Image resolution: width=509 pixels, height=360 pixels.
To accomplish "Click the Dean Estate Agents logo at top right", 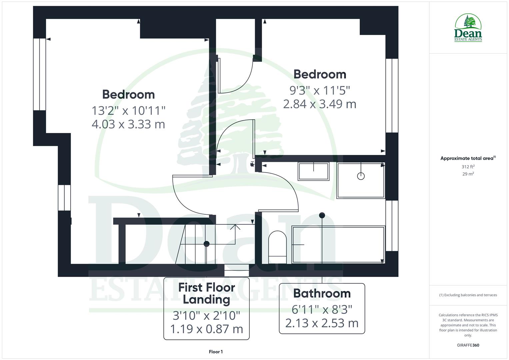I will click(x=468, y=28).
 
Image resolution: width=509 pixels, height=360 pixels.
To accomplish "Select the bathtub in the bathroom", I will click(x=338, y=245).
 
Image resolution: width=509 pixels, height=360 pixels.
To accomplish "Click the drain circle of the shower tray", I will click(x=361, y=176).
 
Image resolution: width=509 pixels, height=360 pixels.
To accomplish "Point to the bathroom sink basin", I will click(x=313, y=171).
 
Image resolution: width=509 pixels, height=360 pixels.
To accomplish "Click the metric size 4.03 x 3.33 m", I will click(x=128, y=124).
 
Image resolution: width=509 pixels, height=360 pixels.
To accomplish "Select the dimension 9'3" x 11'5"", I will click(x=320, y=90).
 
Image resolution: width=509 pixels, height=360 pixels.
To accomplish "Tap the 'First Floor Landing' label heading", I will click(x=206, y=293).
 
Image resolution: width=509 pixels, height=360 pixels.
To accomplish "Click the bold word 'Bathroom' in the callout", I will click(x=322, y=293).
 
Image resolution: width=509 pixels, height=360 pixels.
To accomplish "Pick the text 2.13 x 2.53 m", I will click(x=322, y=323).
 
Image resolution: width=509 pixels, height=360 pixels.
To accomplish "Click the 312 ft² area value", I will click(x=468, y=167).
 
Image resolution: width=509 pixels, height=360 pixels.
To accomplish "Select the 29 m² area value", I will click(x=468, y=174).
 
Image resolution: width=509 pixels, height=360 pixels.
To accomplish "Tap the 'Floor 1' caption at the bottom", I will click(x=216, y=352).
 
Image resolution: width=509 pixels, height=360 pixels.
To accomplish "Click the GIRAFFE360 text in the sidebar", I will click(x=468, y=345).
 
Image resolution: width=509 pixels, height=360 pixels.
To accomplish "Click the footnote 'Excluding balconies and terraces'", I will click(x=468, y=295).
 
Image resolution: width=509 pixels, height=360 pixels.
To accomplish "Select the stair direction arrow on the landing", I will click(x=235, y=227).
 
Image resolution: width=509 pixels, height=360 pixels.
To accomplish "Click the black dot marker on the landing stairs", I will click(x=206, y=244).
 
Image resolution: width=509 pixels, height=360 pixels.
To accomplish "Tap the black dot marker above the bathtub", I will click(x=322, y=215).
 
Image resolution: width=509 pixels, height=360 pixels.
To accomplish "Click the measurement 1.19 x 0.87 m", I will click(x=206, y=329).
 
